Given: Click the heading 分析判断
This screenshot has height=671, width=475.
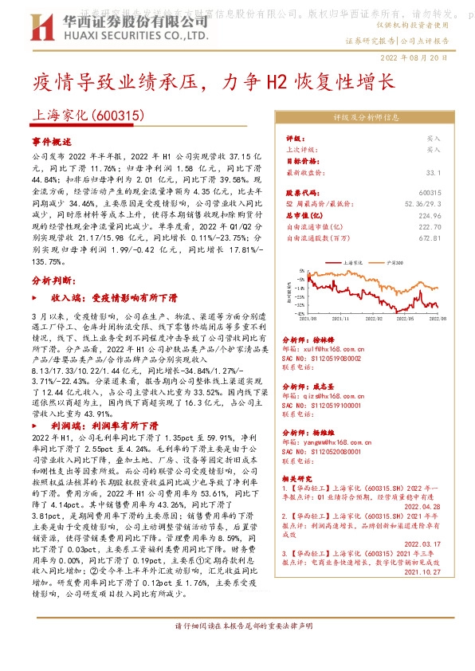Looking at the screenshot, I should point(53,281).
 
